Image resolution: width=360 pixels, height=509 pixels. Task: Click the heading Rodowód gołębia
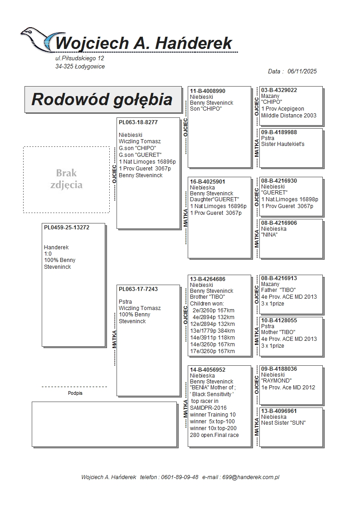[x=102, y=99]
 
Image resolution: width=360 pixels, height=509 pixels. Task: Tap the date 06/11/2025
[x=302, y=71]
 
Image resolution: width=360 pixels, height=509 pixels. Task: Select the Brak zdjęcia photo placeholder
[x=66, y=179]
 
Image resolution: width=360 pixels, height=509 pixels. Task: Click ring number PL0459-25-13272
[x=66, y=228]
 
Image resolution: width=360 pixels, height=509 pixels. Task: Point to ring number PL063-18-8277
[x=138, y=122]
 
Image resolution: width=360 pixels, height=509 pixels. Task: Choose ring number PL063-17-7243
[x=138, y=289]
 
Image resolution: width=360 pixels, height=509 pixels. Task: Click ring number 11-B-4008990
[x=208, y=91]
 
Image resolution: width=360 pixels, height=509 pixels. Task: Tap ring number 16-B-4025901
[x=208, y=181]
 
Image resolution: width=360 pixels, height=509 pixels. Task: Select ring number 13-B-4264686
[x=208, y=279]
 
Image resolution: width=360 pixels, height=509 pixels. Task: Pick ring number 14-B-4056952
[x=208, y=370]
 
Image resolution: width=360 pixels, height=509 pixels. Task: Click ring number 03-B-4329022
[x=279, y=90]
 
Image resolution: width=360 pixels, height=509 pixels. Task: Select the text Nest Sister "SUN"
[x=283, y=423]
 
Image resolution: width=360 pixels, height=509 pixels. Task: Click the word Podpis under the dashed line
[x=75, y=393]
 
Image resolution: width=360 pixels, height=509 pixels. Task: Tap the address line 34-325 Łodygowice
[x=80, y=67]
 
